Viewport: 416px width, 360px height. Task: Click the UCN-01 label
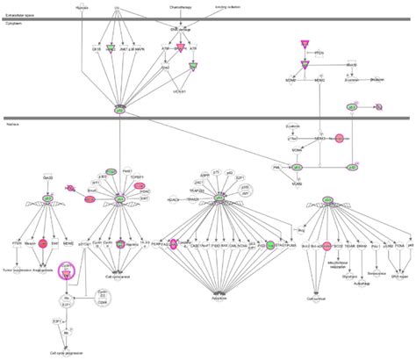point(179,91)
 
